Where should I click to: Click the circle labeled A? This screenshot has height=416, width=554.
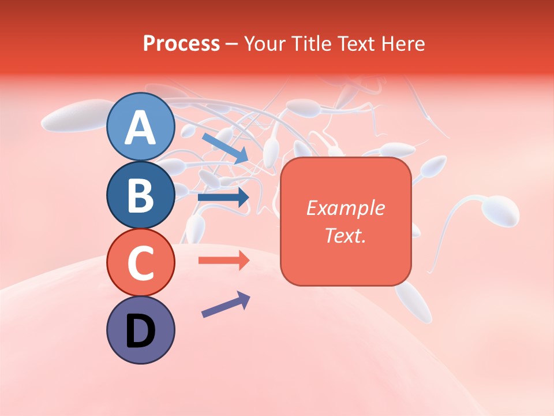tap(141, 127)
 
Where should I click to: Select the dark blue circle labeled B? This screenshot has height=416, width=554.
tap(141, 195)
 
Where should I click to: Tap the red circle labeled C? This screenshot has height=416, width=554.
tap(141, 262)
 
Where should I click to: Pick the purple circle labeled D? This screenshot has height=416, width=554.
tap(141, 330)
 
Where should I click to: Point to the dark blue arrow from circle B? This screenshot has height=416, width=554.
tap(223, 198)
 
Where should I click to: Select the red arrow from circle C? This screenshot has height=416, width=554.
tap(223, 260)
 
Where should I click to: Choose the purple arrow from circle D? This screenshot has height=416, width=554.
tap(226, 304)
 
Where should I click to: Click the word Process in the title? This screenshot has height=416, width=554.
tap(181, 43)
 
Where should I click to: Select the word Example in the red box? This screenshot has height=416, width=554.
tap(345, 208)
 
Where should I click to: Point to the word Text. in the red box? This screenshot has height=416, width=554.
tap(345, 235)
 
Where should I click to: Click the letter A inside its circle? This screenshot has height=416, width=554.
tap(141, 128)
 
